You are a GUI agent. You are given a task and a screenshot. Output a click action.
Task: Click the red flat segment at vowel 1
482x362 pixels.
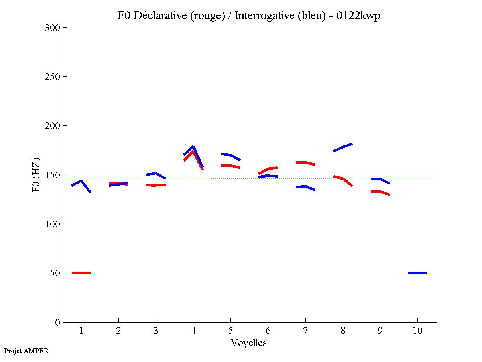tap(81, 273)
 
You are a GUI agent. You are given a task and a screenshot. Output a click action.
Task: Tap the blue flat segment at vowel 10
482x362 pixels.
tap(417, 273)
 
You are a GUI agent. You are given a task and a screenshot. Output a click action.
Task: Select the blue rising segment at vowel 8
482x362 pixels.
tap(343, 147)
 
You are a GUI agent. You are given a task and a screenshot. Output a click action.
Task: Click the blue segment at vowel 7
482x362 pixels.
tap(305, 187)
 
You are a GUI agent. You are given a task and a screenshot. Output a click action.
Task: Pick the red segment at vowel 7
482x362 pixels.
tap(305, 162)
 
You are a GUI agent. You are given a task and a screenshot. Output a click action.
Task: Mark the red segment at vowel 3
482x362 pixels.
tap(156, 185)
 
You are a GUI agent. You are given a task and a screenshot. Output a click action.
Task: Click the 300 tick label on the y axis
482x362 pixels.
tap(52, 28)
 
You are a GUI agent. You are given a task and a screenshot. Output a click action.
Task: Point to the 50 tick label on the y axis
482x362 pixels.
tap(55, 273)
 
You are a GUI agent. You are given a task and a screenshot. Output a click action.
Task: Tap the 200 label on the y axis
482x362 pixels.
tap(52, 126)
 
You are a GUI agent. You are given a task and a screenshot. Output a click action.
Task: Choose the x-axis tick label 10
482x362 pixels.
tap(417, 331)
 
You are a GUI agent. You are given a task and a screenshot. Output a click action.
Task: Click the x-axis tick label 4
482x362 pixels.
tap(193, 331)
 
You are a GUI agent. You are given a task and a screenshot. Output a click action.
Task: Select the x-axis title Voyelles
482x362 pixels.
tap(248, 343)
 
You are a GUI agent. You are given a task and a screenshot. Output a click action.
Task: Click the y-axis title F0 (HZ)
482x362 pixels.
tap(36, 175)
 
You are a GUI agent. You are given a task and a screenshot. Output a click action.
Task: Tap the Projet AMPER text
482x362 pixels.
tap(26, 351)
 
